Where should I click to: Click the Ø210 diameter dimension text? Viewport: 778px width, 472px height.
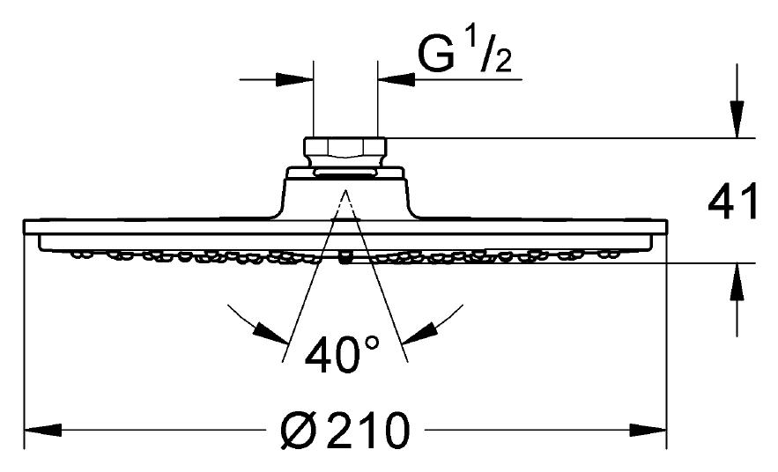pos(345,431)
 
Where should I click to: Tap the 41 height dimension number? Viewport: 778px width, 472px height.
pos(733,201)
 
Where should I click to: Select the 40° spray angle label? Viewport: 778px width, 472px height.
pos(343,354)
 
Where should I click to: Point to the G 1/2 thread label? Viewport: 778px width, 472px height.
pos(464,53)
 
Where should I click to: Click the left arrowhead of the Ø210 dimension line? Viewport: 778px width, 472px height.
pos(42,430)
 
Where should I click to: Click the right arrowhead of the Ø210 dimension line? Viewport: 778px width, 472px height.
pos(648,430)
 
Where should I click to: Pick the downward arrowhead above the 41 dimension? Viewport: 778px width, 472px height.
pos(737,119)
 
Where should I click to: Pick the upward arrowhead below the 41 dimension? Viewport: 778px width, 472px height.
pos(737,282)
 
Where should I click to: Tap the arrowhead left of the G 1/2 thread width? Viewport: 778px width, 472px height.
pos(295,79)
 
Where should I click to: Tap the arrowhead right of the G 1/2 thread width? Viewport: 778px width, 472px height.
pos(396,79)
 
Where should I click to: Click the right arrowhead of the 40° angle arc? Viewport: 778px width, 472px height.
pos(419,333)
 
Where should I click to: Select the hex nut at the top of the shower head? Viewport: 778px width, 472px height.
pos(345,147)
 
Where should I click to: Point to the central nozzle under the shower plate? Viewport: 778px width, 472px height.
pos(345,258)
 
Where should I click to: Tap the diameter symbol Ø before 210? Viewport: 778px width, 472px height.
pos(299,431)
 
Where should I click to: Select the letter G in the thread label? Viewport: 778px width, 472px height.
pos(437,54)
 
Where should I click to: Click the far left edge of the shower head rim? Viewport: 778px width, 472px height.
pos(25,226)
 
